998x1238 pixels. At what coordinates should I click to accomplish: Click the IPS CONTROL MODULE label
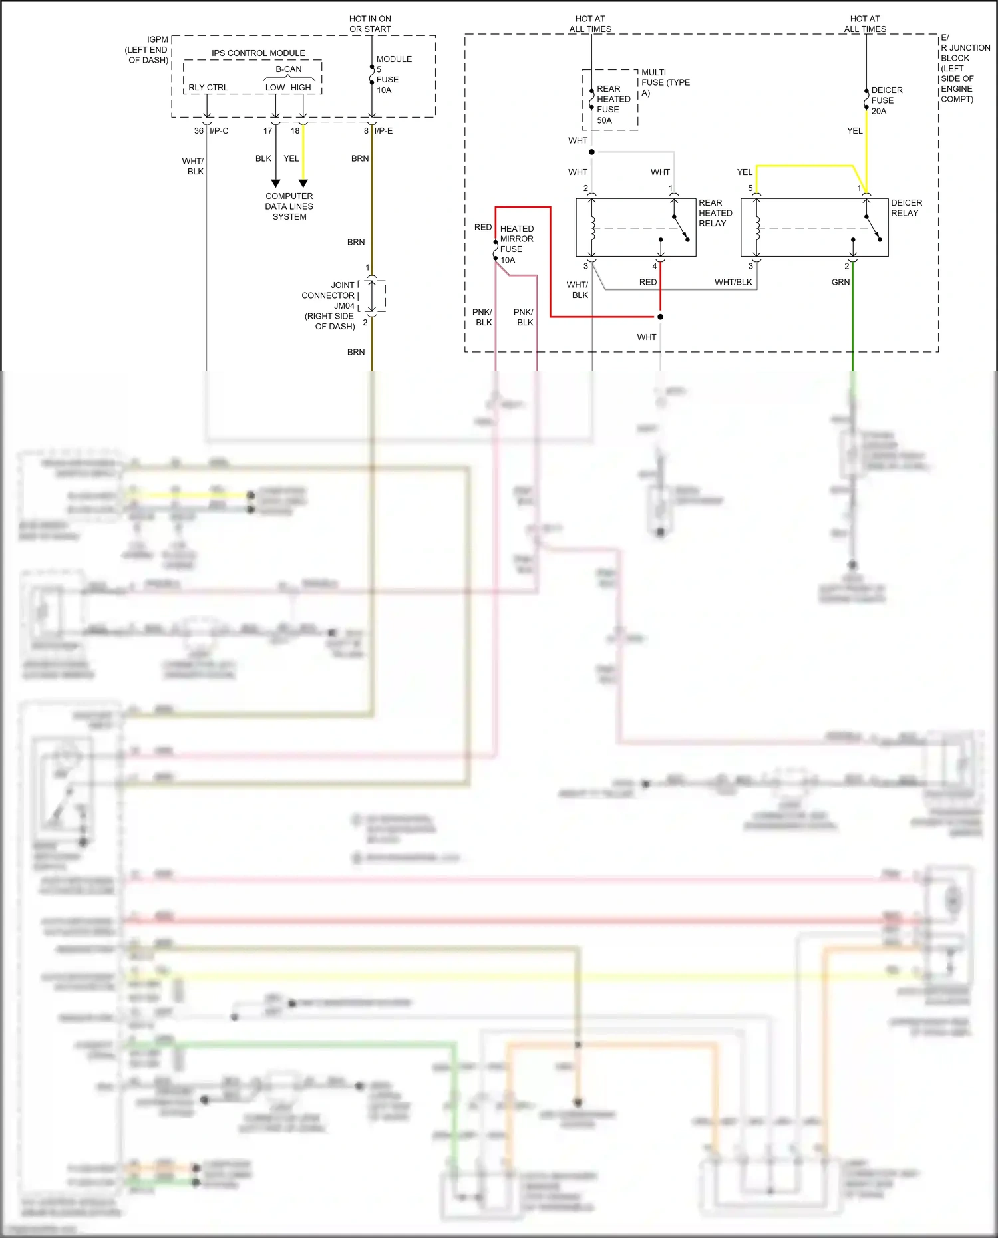coord(258,53)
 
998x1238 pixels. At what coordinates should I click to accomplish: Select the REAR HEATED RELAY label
coord(715,213)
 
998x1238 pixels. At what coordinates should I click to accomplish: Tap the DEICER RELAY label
coord(906,208)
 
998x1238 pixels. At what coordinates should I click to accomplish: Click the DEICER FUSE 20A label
coord(886,100)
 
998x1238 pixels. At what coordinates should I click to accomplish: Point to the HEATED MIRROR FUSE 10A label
coord(516,244)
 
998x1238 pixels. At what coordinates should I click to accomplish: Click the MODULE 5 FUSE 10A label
coord(393,75)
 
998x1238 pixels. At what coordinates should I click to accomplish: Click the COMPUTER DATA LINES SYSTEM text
coord(289,206)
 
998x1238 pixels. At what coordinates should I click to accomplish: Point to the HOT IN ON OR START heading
coord(370,24)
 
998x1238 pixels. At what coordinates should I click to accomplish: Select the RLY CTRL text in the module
coord(208,88)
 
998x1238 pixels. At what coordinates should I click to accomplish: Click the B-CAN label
coord(289,69)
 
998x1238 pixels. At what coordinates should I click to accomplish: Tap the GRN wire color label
coord(840,282)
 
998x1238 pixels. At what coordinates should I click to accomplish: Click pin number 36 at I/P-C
coord(198,131)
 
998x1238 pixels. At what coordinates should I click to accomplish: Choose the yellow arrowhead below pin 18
coord(303,183)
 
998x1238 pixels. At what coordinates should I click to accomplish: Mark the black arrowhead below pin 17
coord(275,183)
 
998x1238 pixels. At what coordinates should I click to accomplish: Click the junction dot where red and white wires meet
coord(660,317)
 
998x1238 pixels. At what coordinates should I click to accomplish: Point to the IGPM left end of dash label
coord(147,50)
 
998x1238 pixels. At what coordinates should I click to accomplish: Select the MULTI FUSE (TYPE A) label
coord(665,82)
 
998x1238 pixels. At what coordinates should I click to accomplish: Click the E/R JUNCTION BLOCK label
coord(964,68)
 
